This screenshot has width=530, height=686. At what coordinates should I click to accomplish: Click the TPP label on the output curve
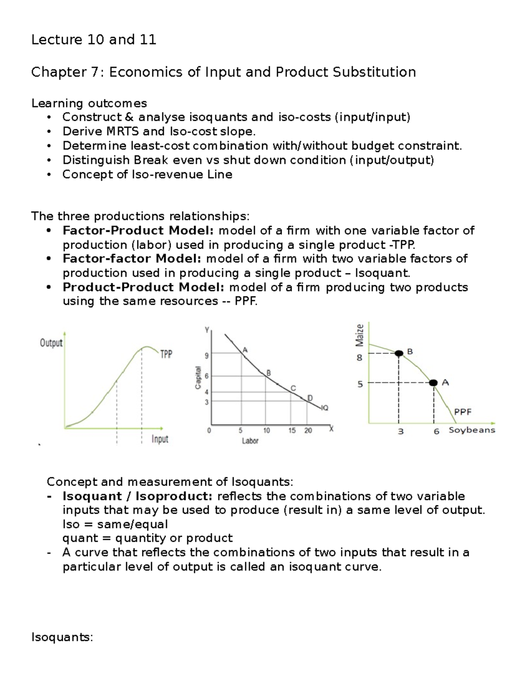click(x=166, y=354)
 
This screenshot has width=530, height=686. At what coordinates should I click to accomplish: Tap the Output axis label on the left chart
click(x=51, y=343)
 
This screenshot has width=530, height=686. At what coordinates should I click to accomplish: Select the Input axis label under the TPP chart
click(x=160, y=439)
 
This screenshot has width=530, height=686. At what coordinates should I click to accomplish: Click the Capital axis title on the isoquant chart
click(x=198, y=378)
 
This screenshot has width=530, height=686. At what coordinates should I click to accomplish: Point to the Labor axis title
click(x=250, y=441)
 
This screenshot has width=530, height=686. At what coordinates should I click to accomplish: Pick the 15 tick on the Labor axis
click(x=292, y=431)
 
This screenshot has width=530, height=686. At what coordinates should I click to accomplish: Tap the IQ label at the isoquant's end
click(x=325, y=408)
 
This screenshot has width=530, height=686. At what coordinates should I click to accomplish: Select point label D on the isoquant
click(x=310, y=398)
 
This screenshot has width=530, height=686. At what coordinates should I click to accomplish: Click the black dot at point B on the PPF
click(x=399, y=353)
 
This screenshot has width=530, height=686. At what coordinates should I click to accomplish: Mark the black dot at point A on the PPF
click(x=434, y=383)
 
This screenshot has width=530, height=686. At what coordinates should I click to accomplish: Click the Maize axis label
click(x=360, y=335)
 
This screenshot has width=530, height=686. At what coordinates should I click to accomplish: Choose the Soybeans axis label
click(x=472, y=430)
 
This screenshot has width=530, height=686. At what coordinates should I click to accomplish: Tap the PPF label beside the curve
click(x=463, y=412)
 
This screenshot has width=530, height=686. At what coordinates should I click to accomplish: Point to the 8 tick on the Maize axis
click(x=360, y=358)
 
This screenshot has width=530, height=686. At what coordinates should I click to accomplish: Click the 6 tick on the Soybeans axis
click(x=436, y=432)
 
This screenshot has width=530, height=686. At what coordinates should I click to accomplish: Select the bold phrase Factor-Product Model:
click(x=138, y=231)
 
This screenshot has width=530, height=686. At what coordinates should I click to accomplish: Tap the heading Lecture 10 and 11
click(x=94, y=40)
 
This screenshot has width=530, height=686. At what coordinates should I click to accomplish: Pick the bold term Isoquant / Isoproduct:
click(x=137, y=496)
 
